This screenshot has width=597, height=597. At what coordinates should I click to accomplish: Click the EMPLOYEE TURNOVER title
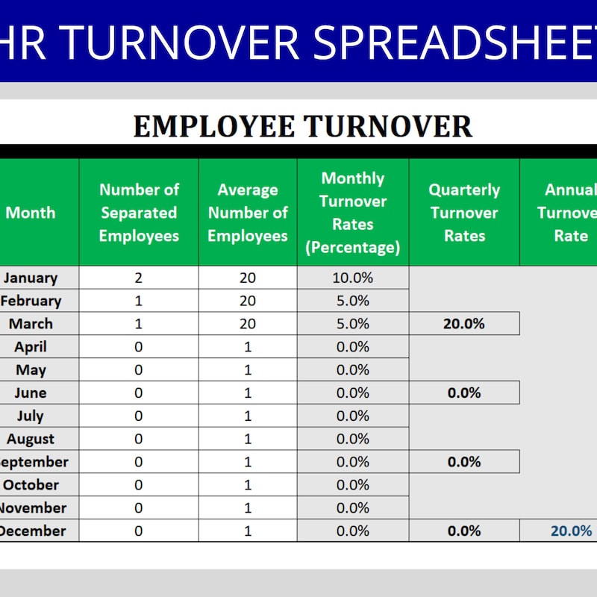(302, 125)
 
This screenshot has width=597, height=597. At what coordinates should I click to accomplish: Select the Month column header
(31, 213)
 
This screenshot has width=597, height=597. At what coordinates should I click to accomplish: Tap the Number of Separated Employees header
(139, 213)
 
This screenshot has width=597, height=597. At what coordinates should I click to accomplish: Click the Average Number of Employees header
(248, 213)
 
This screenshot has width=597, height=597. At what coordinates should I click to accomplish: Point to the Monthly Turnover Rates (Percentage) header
(353, 213)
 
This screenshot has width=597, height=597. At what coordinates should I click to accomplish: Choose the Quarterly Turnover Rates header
(464, 213)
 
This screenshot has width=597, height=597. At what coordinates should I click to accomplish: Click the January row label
(31, 278)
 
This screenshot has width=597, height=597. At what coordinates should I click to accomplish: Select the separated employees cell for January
(139, 278)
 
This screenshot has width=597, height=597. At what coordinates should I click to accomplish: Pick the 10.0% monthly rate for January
(353, 278)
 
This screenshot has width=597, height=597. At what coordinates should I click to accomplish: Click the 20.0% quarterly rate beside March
(464, 324)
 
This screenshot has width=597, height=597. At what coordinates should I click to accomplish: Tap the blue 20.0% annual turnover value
(571, 531)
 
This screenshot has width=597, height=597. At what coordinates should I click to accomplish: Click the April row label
(31, 347)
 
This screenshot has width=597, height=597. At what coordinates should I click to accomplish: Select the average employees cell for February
(248, 301)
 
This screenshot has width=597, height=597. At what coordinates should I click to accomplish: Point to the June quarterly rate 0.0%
(464, 393)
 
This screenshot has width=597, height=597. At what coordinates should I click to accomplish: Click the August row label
(31, 439)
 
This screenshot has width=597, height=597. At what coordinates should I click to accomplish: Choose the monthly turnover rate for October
(353, 485)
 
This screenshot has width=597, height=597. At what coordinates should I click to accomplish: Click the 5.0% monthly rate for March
(353, 324)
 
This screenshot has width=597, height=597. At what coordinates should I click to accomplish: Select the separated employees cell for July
(139, 416)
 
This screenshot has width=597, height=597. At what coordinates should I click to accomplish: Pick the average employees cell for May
(248, 370)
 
